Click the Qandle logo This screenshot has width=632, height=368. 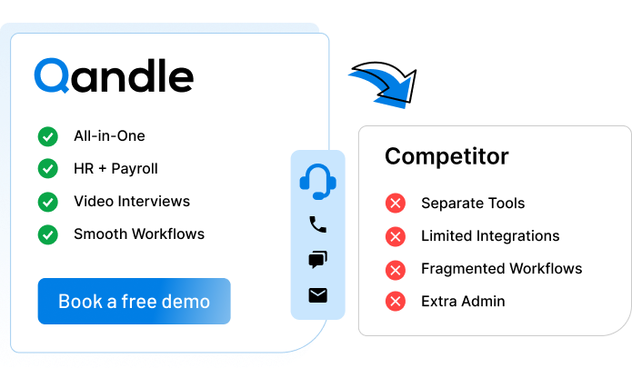114,76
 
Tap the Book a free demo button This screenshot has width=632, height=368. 134,302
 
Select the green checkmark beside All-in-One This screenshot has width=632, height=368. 48,136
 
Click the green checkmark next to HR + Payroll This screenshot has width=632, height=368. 48,169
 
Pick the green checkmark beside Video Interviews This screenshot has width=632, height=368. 48,201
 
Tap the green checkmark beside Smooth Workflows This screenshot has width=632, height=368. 48,234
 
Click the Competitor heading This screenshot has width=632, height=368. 446,156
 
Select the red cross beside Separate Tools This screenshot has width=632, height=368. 396,204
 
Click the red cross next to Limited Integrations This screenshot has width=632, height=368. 396,236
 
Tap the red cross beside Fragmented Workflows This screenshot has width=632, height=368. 396,269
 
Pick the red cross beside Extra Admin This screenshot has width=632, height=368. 396,302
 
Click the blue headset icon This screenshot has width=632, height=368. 317,181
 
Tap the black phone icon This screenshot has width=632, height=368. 317,224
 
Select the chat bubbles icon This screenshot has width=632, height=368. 317,260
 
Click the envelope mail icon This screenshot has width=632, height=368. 317,294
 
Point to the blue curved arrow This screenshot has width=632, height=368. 382,86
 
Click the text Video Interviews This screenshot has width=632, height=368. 132,201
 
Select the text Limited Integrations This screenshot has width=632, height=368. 490,236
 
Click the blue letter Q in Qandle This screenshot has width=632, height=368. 52,76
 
